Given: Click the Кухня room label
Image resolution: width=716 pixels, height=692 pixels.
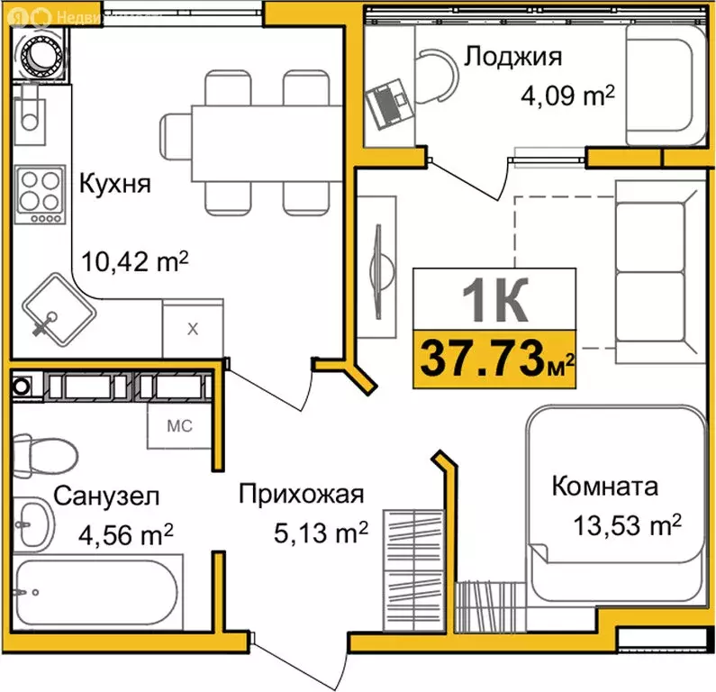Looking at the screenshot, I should pos(115,184).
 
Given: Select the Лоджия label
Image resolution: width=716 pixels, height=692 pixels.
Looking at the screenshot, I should pos(513,57).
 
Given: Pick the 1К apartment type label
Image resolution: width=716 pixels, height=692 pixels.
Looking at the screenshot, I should pos(494,301).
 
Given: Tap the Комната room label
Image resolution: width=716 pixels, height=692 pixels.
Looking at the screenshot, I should pos(604,487).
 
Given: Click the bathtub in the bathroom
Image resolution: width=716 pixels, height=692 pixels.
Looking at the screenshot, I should pos(98,594).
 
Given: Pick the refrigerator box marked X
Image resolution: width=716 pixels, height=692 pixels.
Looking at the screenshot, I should pos(192,328).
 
